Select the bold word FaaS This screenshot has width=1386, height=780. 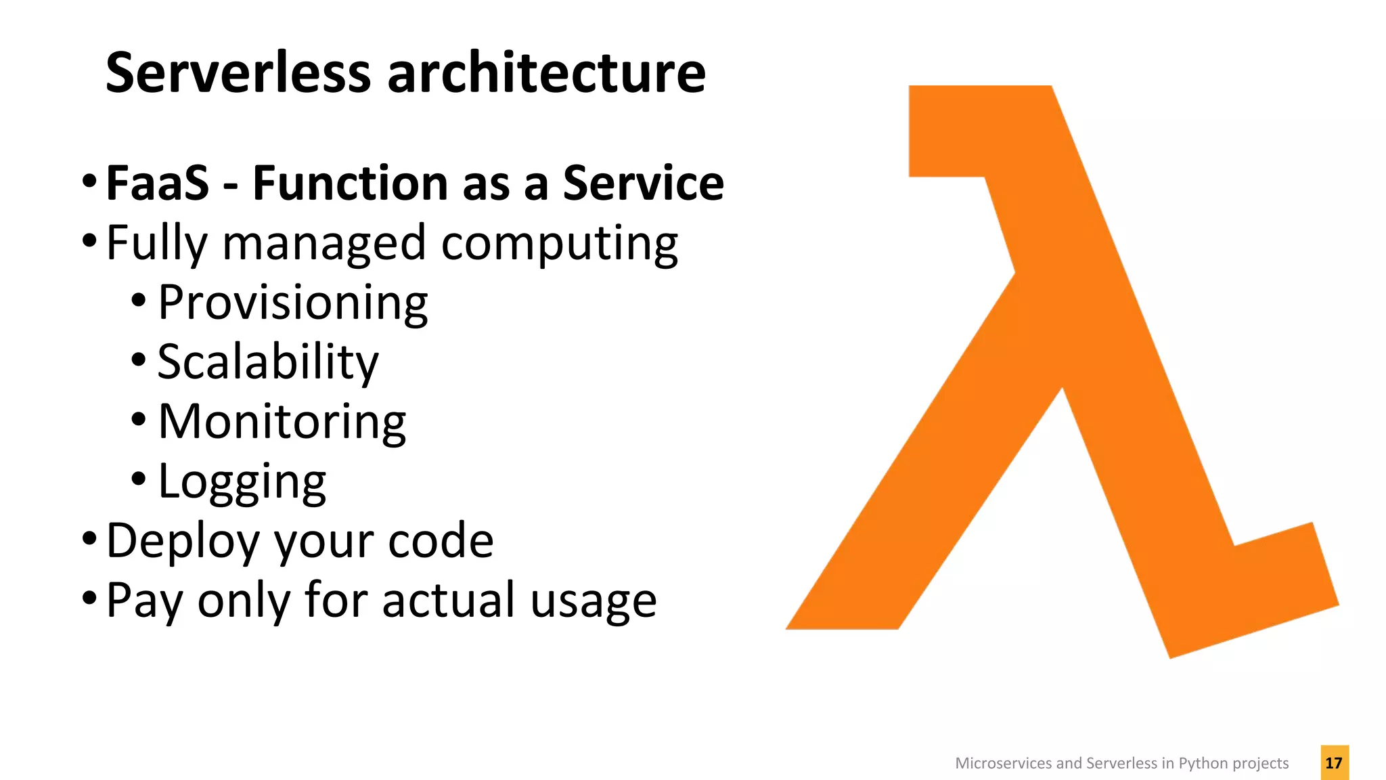pos(158,183)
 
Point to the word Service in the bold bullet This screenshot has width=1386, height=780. pos(644,183)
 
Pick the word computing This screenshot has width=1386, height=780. pos(560,244)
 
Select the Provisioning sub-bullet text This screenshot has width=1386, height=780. pos(292,303)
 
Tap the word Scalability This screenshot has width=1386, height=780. pos(268,362)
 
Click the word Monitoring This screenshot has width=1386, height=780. pos(282,422)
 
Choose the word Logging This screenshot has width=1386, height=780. pos(242,482)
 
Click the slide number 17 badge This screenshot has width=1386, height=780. pos(1334,762)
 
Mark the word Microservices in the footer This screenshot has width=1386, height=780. pos(1004,763)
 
